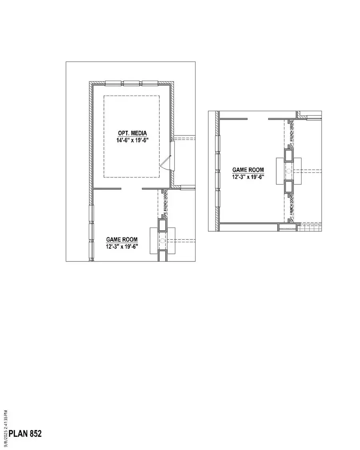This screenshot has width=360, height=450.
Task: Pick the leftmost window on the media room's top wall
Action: click(x=113, y=84)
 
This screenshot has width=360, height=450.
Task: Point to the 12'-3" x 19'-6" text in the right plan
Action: click(x=248, y=177)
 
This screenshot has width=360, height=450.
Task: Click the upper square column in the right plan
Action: click(x=289, y=155)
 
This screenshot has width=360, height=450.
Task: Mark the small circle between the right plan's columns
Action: click(x=289, y=171)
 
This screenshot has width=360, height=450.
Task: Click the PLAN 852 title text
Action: click(x=25, y=434)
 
